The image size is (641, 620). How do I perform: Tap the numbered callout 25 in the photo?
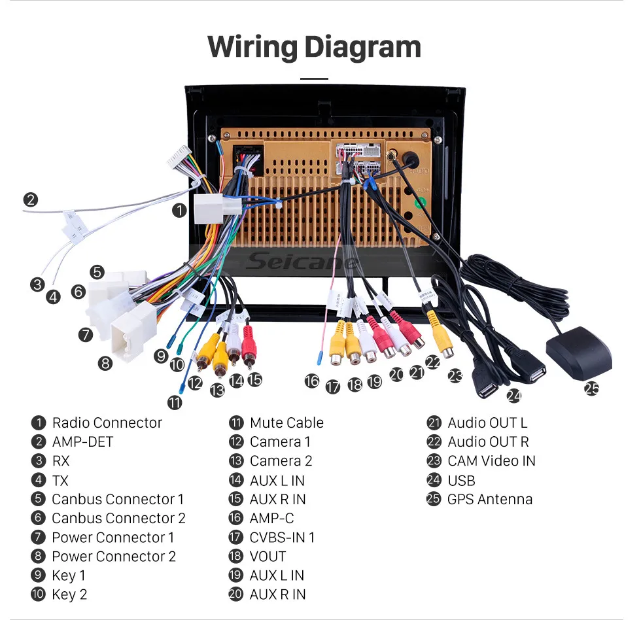[x=592, y=388]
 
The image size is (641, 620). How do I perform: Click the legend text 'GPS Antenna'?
[x=490, y=499]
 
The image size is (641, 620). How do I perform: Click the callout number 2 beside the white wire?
[x=30, y=200]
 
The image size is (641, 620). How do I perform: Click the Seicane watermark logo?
[x=302, y=262]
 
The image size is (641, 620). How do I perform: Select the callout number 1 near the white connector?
[x=179, y=211]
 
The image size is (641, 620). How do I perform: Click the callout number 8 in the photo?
[x=105, y=363]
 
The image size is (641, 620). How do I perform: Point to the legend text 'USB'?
[x=461, y=480]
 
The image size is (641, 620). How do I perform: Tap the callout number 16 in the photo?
[x=312, y=381]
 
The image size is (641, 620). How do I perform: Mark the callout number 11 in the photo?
[x=175, y=403]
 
